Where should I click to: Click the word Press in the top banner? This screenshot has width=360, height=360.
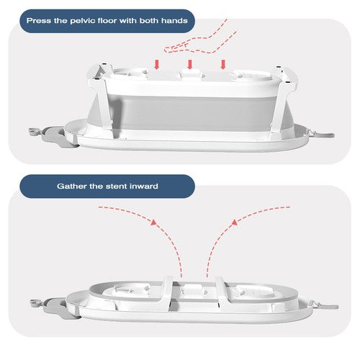tap(39, 21)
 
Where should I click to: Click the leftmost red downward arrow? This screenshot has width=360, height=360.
tap(157, 65)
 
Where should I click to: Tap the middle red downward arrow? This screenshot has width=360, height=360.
tap(190, 65)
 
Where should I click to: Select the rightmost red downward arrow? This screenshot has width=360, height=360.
tap(223, 65)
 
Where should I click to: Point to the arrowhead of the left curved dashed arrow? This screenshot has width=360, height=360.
tap(153, 222)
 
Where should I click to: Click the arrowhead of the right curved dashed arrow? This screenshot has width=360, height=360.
tap(235, 222)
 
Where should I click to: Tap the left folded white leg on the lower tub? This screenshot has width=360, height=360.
tap(167, 294)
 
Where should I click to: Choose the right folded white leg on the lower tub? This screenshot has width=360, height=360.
tap(222, 294)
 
